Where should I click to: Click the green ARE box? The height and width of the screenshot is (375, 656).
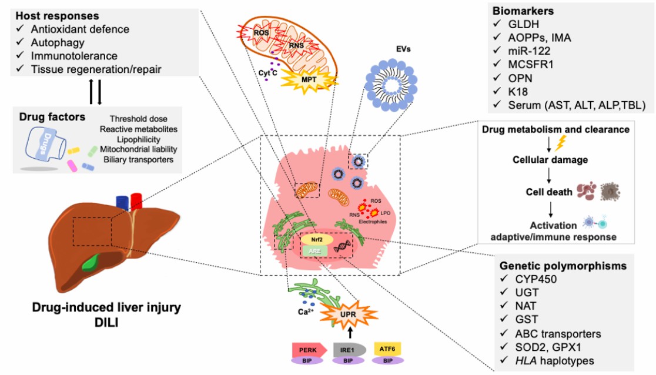pos(316,251)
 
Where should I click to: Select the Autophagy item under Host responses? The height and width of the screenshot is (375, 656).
pos(58,42)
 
